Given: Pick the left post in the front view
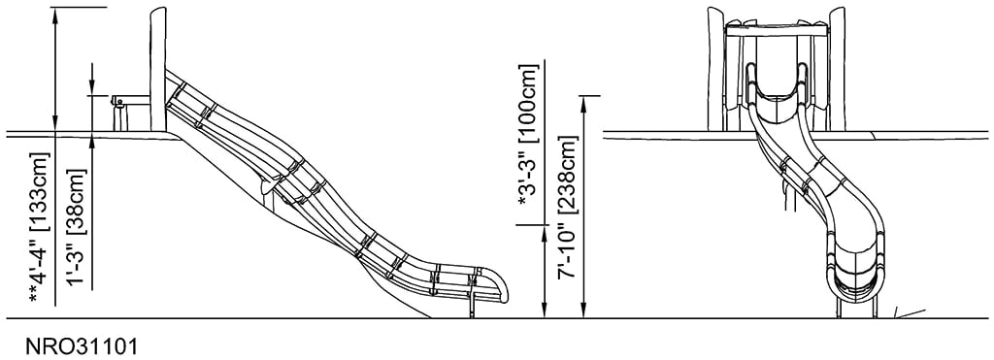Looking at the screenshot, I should (715, 68).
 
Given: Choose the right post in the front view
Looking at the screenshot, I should (836, 68).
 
